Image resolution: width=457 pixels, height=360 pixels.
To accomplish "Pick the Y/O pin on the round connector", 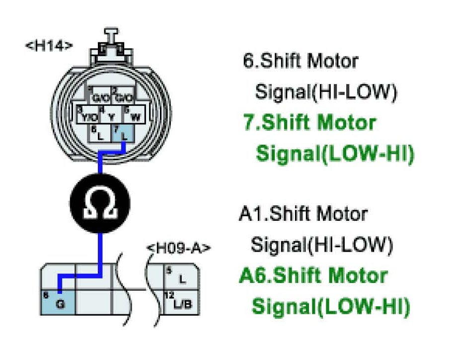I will (x=87, y=115).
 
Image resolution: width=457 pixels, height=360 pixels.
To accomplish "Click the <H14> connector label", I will (x=49, y=45).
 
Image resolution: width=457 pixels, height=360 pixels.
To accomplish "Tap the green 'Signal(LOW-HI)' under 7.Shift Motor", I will (x=334, y=154).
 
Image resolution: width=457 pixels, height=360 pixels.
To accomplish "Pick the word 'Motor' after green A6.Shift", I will (x=356, y=275).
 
